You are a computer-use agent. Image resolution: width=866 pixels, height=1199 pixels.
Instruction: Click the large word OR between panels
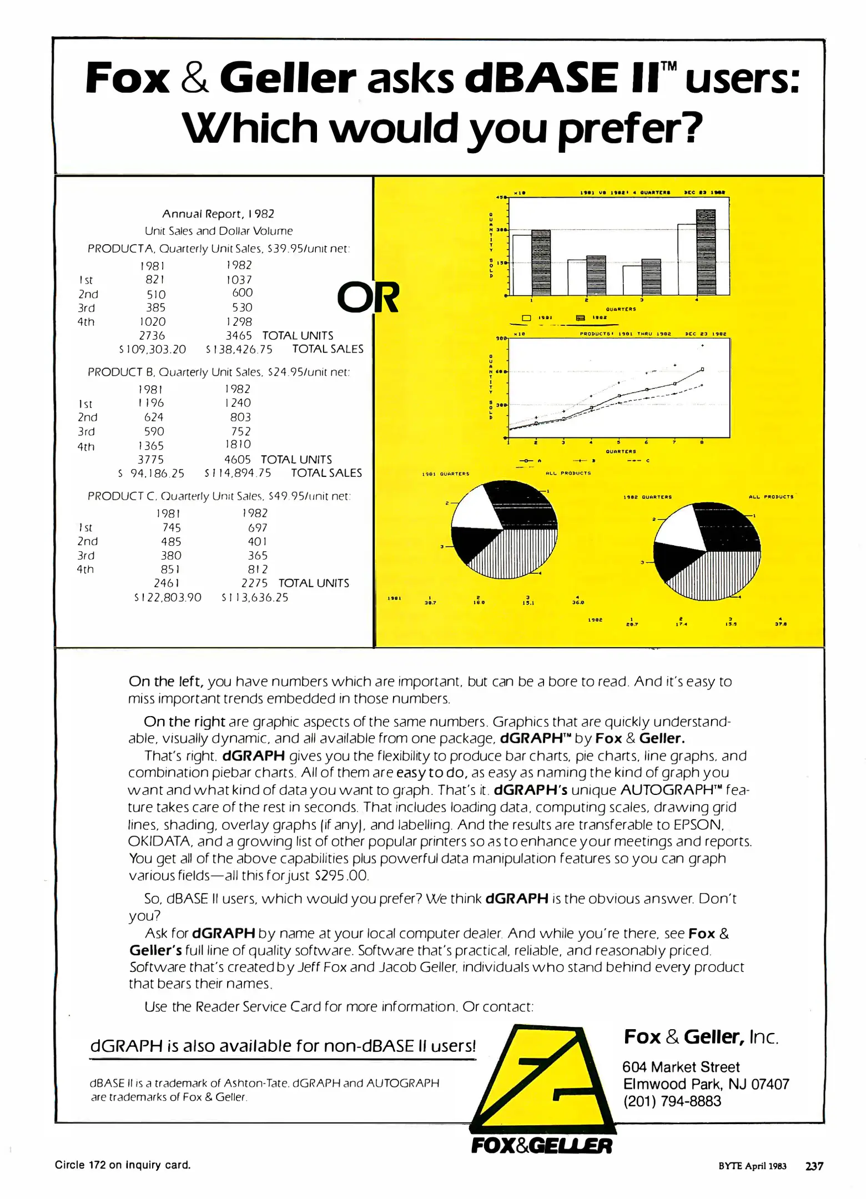pyautogui.click(x=368, y=298)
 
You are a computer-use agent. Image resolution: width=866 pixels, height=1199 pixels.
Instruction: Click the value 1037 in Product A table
pyautogui.click(x=239, y=280)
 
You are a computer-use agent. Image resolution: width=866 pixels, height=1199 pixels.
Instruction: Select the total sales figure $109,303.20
pyautogui.click(x=153, y=349)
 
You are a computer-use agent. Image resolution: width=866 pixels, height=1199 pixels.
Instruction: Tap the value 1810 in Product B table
pyautogui.click(x=238, y=444)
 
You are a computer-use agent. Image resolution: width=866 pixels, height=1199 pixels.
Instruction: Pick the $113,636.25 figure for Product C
pyautogui.click(x=255, y=597)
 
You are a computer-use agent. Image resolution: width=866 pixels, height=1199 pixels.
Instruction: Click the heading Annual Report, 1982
pyautogui.click(x=218, y=214)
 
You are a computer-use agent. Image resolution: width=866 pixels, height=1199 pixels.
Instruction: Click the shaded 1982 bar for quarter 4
pyautogui.click(x=705, y=253)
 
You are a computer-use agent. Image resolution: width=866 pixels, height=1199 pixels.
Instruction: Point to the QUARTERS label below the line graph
pyautogui.click(x=621, y=451)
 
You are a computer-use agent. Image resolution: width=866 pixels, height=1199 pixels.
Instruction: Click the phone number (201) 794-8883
pyautogui.click(x=672, y=1101)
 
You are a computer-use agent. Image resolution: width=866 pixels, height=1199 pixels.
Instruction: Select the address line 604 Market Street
pyautogui.click(x=681, y=1066)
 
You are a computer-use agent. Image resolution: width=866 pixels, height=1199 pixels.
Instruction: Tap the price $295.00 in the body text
pyautogui.click(x=341, y=875)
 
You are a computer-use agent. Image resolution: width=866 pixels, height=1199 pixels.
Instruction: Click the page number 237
pyautogui.click(x=814, y=1166)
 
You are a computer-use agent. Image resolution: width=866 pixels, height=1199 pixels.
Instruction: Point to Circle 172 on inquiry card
pyautogui.click(x=122, y=1165)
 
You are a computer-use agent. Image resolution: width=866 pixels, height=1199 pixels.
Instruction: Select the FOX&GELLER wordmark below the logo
pyautogui.click(x=541, y=1145)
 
